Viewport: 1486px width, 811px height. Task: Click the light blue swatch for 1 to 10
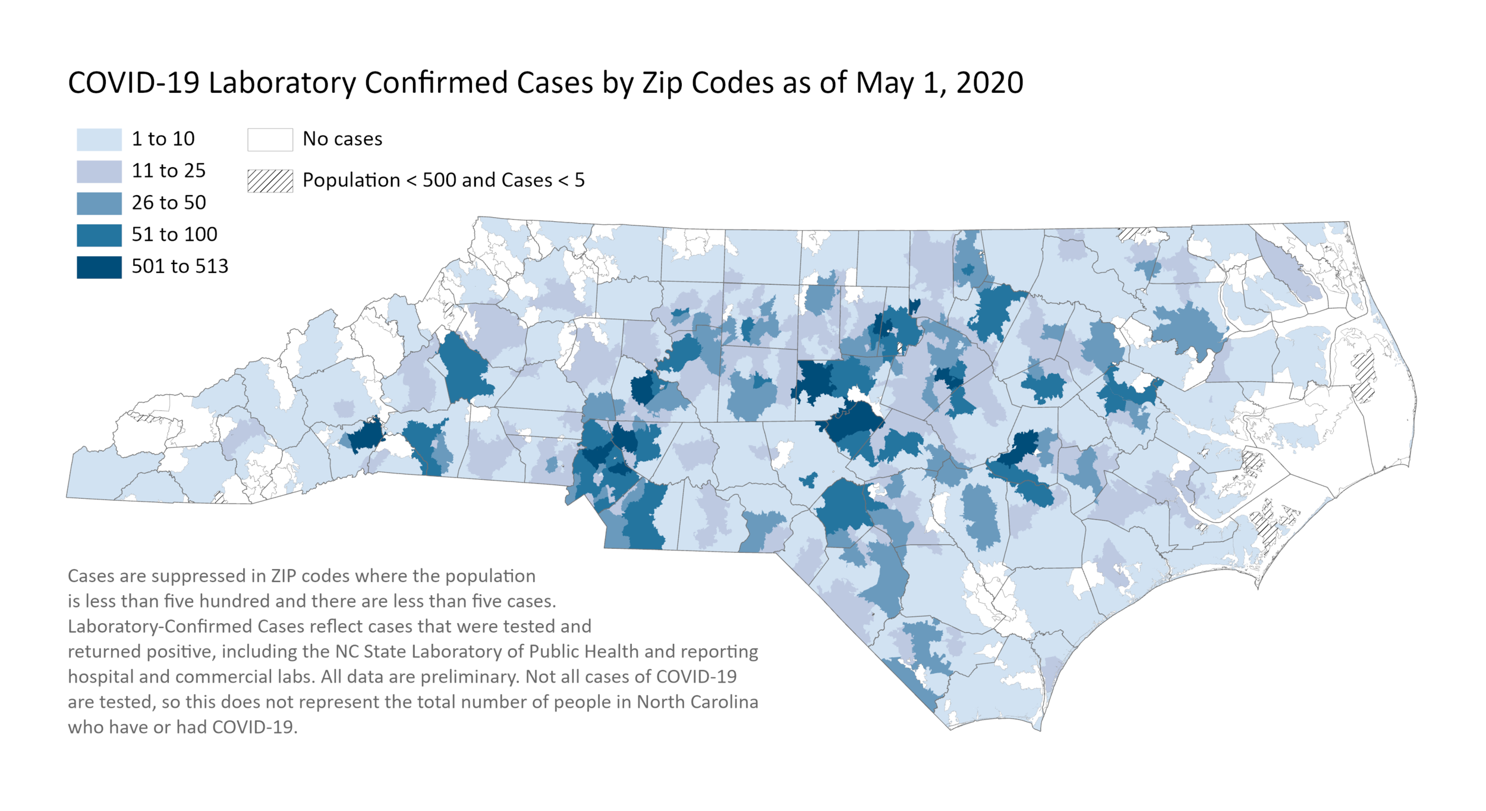tap(99, 139)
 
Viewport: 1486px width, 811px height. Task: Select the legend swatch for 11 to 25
tap(99, 171)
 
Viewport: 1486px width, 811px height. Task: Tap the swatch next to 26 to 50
tap(99, 203)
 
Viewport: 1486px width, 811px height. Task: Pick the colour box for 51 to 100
tap(99, 235)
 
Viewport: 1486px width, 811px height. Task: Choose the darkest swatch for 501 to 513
tap(99, 267)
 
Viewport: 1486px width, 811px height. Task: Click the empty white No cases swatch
tap(270, 139)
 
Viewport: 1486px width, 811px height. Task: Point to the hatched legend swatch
tap(270, 181)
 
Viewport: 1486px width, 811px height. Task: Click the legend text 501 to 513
tap(180, 266)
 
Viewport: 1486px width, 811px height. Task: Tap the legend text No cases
tap(342, 139)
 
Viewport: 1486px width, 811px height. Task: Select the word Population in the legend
tap(351, 180)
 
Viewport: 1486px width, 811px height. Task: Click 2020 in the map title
tap(989, 83)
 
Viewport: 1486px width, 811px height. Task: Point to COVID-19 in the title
tap(133, 83)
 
